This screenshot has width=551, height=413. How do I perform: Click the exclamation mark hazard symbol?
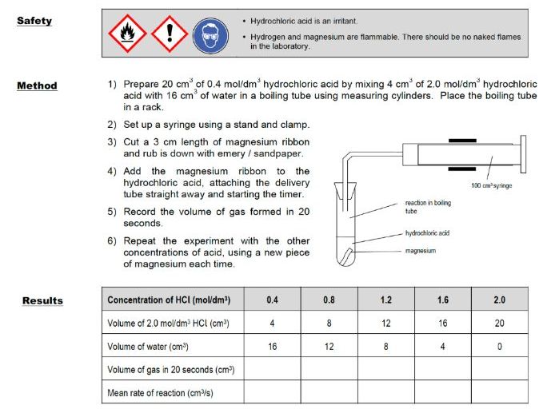click(x=169, y=34)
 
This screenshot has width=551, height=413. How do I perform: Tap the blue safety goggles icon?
click(x=210, y=34)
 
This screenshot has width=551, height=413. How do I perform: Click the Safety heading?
click(x=34, y=20)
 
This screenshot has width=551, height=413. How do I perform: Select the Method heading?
click(x=37, y=85)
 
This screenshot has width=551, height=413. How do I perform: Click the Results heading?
click(x=42, y=300)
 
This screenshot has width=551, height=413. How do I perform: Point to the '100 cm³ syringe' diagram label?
click(x=491, y=185)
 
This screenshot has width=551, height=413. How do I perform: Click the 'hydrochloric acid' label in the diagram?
click(x=428, y=233)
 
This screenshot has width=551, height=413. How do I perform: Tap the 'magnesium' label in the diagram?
click(x=421, y=251)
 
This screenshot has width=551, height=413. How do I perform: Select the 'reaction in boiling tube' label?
click(x=428, y=207)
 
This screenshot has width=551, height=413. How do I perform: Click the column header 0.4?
click(x=273, y=300)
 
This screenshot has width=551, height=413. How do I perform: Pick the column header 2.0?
click(x=499, y=300)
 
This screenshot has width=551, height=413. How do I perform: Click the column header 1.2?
click(x=386, y=300)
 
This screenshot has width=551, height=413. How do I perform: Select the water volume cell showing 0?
click(x=499, y=347)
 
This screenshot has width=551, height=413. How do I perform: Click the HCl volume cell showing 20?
click(x=499, y=323)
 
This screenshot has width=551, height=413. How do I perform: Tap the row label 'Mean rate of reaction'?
click(x=160, y=393)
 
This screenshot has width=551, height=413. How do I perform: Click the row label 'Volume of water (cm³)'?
click(x=152, y=347)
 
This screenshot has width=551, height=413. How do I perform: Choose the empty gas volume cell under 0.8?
click(x=329, y=370)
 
